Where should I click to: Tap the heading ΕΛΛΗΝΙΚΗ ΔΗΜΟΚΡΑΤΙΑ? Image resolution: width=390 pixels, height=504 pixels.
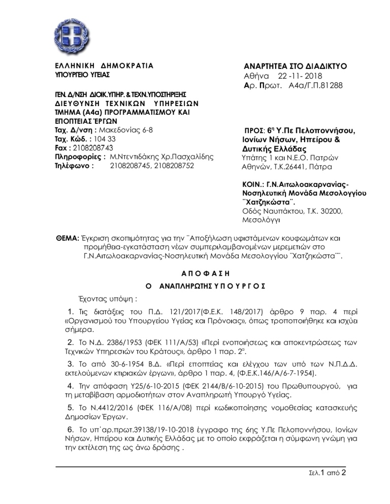coord(104,66)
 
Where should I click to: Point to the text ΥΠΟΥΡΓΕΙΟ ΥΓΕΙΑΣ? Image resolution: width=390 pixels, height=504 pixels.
coord(82,75)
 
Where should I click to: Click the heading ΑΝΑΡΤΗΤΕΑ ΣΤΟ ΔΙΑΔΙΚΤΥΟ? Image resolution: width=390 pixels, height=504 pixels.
coord(296,66)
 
